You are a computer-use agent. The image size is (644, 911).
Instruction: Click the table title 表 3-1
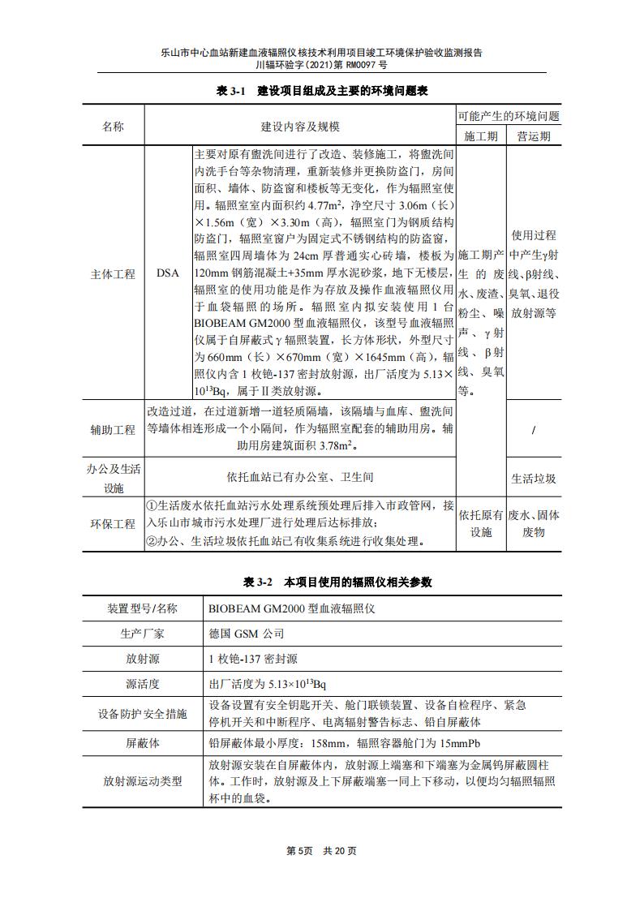(321, 92)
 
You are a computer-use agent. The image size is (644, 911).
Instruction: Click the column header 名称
(113, 127)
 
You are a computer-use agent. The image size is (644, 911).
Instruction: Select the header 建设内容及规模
(300, 127)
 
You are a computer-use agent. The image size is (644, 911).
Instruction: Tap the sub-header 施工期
(481, 135)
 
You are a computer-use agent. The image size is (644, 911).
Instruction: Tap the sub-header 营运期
(533, 135)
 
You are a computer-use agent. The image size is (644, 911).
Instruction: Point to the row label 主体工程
(113, 274)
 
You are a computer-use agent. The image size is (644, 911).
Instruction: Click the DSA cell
(168, 274)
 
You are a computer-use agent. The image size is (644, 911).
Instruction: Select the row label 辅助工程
(113, 429)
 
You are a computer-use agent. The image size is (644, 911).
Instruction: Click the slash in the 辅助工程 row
(533, 429)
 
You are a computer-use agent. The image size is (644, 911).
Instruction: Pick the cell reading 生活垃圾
(533, 479)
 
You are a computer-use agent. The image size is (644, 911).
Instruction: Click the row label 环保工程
(113, 524)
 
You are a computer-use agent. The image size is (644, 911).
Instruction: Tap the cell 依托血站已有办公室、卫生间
(300, 478)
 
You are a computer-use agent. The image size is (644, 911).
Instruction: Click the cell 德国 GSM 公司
(246, 634)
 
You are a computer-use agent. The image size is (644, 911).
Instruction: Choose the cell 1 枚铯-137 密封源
(253, 659)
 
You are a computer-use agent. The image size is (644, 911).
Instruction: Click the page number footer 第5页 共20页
(321, 850)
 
